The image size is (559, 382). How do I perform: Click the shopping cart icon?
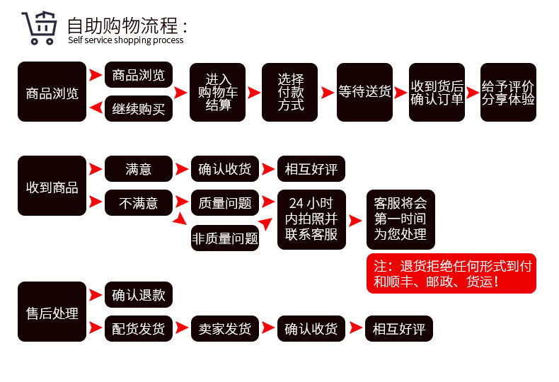[38, 28]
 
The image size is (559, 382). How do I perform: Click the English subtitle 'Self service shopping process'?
[125, 40]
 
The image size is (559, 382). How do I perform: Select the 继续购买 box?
[139, 109]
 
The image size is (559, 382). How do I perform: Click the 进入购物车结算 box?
[218, 92]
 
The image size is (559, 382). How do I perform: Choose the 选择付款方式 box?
[290, 92]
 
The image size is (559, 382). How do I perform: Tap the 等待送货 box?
[364, 92]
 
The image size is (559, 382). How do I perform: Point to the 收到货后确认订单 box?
[437, 92]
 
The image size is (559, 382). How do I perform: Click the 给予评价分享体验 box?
[508, 92]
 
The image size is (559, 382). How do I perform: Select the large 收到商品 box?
[52, 187]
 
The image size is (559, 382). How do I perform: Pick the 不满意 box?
[139, 204]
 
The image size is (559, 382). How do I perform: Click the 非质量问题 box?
[225, 238]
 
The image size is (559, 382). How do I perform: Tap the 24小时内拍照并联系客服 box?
[311, 219]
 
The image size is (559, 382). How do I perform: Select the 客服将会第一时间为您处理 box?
[400, 219]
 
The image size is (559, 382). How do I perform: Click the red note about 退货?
[451, 274]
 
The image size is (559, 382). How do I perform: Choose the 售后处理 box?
[52, 312]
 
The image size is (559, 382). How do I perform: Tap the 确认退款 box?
[139, 294]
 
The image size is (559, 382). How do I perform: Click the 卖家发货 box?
[225, 329]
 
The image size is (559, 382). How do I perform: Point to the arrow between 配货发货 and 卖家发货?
[182, 329]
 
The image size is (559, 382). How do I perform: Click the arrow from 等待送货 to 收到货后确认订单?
[400, 92]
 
